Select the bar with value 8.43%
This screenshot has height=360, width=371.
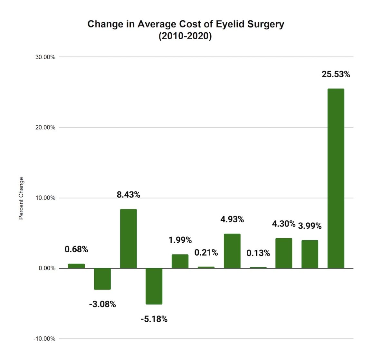pyautogui.click(x=128, y=238)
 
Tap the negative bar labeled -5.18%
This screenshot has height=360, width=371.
pyautogui.click(x=154, y=286)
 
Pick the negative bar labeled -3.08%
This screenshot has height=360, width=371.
pyautogui.click(x=102, y=279)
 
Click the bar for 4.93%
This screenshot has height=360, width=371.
pyautogui.click(x=232, y=251)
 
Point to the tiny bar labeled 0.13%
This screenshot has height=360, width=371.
pyautogui.click(x=258, y=268)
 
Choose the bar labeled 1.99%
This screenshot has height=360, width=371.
pyautogui.click(x=180, y=261)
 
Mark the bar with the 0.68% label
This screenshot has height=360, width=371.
pyautogui.click(x=76, y=266)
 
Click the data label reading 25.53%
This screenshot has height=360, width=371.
pyautogui.click(x=336, y=74)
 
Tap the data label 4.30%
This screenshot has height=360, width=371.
pyautogui.click(x=283, y=224)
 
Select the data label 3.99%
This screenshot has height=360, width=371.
pyautogui.click(x=309, y=226)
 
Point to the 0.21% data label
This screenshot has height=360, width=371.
pyautogui.click(x=206, y=252)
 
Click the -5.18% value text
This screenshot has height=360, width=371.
pyautogui.click(x=154, y=319)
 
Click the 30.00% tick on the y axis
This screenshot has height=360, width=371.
pyautogui.click(x=45, y=57)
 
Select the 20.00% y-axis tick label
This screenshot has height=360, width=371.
pyautogui.click(x=45, y=128)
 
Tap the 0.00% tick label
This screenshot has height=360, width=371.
pyautogui.click(x=47, y=268)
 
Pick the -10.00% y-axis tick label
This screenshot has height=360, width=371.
pyautogui.click(x=44, y=339)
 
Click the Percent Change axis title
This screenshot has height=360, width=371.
pyautogui.click(x=21, y=198)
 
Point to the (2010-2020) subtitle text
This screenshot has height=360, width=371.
pyautogui.click(x=185, y=36)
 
